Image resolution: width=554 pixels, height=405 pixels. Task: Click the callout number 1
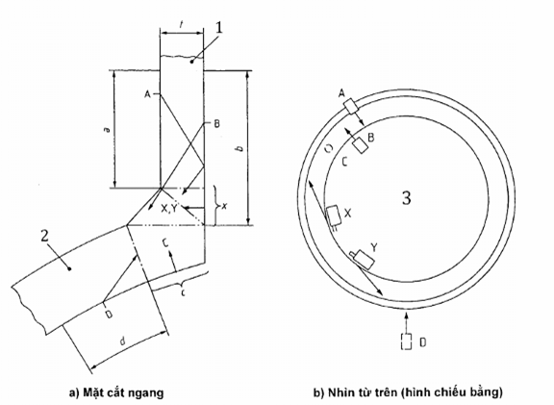coord(219,28)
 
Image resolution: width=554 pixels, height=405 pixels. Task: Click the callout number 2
coord(44,236)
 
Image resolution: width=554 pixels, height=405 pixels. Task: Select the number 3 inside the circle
coord(407,198)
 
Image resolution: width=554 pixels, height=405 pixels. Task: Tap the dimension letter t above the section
coord(181,25)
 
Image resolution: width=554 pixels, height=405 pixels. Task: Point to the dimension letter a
coord(108,129)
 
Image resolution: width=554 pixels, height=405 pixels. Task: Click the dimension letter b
coord(240,148)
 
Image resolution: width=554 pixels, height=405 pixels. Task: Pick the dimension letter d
coord(122,342)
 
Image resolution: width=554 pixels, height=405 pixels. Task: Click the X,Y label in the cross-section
coord(169,209)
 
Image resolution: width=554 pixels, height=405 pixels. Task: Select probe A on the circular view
coord(351,107)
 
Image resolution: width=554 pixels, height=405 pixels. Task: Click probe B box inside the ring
coord(361,145)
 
